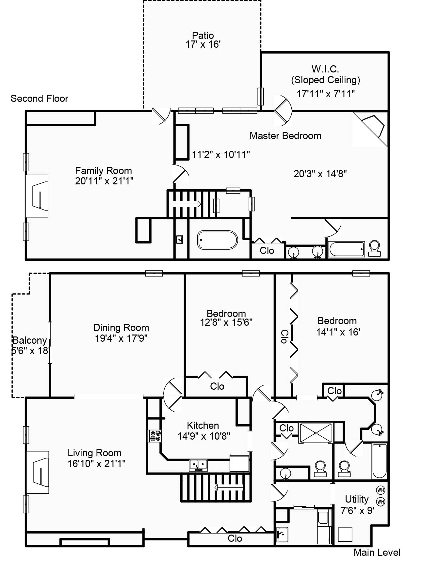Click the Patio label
coord(203,35)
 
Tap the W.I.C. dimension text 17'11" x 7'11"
coord(326,94)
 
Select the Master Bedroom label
coord(285,136)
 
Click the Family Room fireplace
coord(37,196)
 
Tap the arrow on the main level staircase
coord(229,488)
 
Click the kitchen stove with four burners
coord(155,436)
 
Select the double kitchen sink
coord(199,464)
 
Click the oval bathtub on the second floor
coord(218,240)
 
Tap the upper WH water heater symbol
coord(381,490)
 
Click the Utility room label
coord(357,499)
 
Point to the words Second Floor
coord(39,99)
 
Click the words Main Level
coord(377,552)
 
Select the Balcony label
coord(30,340)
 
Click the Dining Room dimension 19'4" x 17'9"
coord(121,338)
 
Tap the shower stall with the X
coord(316,433)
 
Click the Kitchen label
coord(203,425)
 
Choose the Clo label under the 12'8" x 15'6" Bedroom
coord(217,386)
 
